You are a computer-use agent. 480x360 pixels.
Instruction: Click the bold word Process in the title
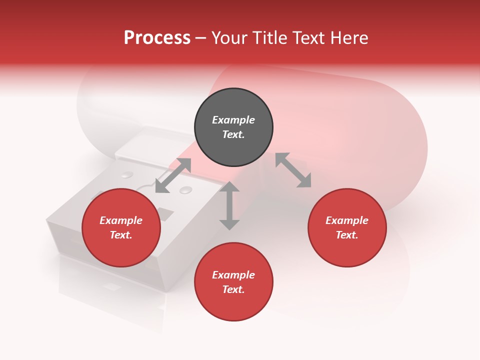(x=157, y=38)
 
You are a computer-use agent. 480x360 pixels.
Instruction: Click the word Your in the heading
(x=229, y=38)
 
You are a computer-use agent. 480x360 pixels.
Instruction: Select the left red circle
(x=121, y=227)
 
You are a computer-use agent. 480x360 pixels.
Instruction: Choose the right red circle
(x=347, y=227)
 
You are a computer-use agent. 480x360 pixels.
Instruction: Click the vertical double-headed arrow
(x=229, y=206)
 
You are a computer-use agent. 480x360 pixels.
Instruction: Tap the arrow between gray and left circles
(x=173, y=175)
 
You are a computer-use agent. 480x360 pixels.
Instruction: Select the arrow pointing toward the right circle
(x=293, y=170)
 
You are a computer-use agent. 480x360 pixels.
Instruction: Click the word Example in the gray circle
(x=233, y=120)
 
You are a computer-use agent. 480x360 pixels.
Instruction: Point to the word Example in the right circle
(x=347, y=220)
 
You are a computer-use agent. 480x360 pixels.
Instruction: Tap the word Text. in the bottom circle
(x=233, y=289)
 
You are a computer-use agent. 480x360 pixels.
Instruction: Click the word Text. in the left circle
(x=121, y=235)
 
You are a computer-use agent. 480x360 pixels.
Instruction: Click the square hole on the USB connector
(x=165, y=214)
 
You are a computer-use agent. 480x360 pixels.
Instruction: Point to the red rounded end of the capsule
(x=395, y=150)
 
